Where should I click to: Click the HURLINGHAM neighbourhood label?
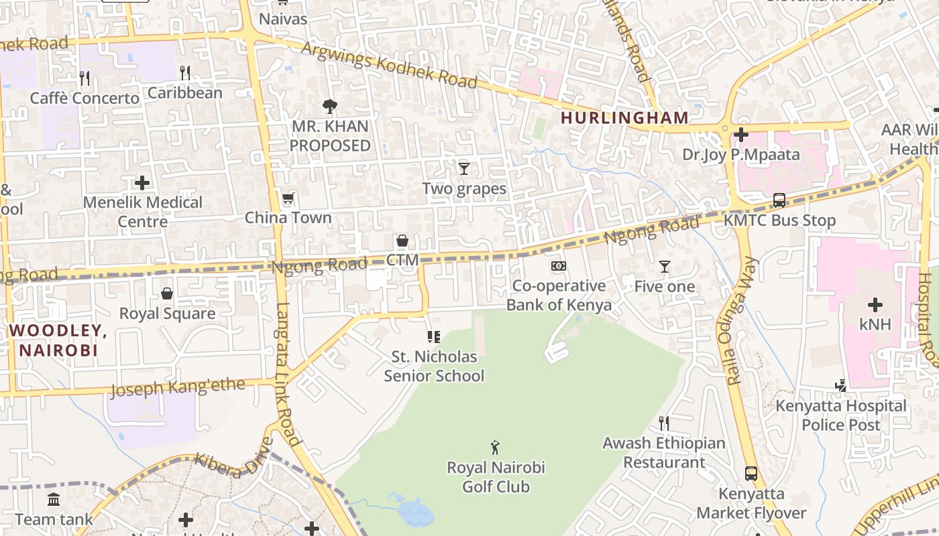click(624, 118)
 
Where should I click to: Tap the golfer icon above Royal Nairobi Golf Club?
click(495, 447)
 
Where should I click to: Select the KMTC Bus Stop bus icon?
click(779, 200)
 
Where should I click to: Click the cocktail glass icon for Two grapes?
click(463, 168)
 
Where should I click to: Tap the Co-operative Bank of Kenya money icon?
click(558, 266)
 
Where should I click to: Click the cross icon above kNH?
click(875, 306)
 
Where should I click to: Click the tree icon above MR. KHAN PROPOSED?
click(329, 106)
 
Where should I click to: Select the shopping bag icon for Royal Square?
click(166, 293)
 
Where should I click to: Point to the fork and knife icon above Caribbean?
click(185, 72)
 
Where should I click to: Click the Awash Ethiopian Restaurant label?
click(663, 453)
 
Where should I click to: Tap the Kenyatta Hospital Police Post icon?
click(840, 385)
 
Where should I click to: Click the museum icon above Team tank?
click(54, 499)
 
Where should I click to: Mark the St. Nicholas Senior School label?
click(434, 366)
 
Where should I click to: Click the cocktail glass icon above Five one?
click(664, 267)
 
